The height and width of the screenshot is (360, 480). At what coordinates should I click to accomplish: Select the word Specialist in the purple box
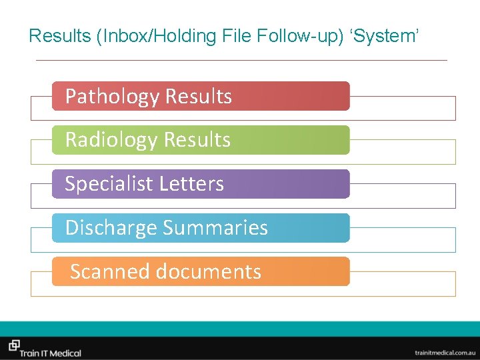pos(103,184)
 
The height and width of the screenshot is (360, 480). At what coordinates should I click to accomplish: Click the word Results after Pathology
pos(199,97)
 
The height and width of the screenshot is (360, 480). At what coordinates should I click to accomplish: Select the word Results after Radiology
pos(197,140)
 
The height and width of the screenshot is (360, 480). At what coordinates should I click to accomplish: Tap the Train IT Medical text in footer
pos(51,351)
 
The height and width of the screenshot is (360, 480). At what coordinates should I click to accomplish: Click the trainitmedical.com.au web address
pos(443,351)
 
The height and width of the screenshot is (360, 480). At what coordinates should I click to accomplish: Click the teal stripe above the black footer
pos(240,329)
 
